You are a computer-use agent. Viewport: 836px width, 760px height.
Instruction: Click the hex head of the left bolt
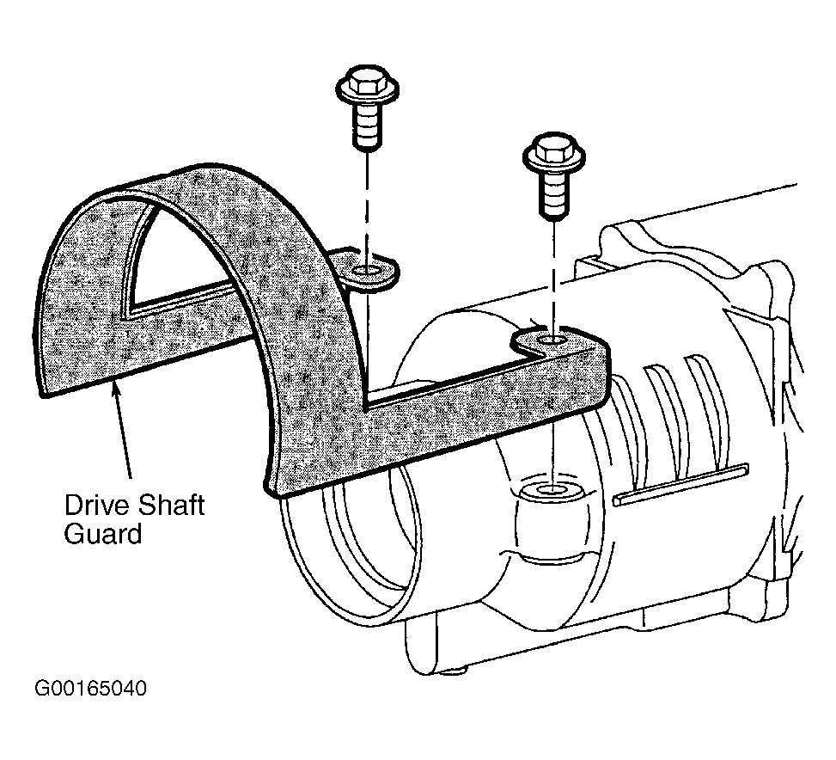(366, 81)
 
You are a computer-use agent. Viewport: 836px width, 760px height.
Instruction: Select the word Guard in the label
(103, 533)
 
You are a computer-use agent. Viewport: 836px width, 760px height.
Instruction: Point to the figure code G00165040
(90, 689)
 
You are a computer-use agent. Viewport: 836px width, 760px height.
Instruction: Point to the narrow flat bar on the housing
(680, 484)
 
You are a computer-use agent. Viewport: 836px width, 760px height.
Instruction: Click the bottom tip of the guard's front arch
(272, 487)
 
